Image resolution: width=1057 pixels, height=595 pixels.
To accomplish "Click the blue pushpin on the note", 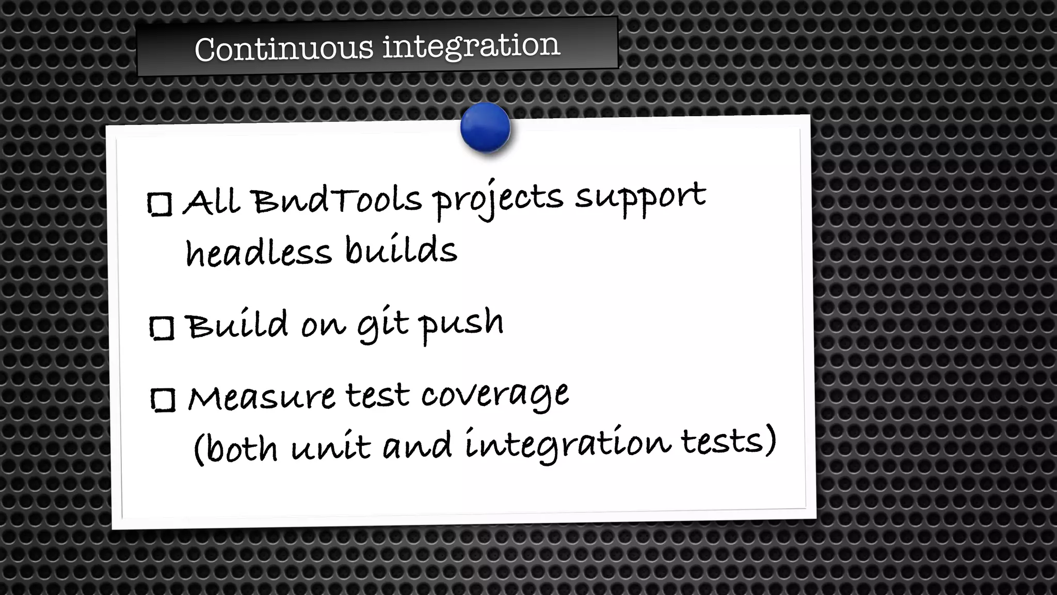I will (x=485, y=128).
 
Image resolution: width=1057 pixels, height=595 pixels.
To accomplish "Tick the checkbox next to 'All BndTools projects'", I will (x=159, y=204).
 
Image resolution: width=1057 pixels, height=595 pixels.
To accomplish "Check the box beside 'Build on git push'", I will (x=162, y=328).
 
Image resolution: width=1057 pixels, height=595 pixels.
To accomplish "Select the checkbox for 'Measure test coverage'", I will (x=164, y=400).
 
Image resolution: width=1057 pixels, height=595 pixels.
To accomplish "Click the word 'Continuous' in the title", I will (x=283, y=49).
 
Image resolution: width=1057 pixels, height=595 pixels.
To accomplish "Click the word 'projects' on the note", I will (x=498, y=199).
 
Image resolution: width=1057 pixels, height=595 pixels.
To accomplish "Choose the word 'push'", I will (x=461, y=324).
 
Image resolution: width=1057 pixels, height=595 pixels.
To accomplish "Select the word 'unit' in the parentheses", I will (x=331, y=446).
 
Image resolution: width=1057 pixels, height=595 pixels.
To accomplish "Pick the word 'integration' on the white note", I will (x=568, y=444).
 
